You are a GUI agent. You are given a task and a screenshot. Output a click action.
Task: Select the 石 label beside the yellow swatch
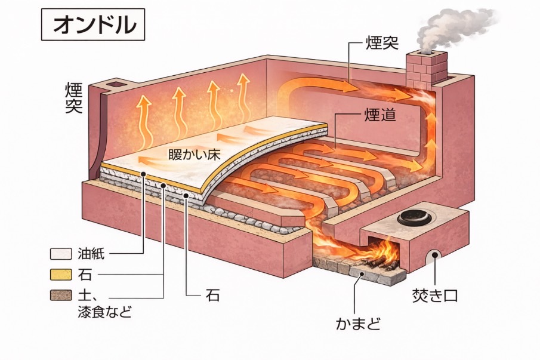pos(85,275)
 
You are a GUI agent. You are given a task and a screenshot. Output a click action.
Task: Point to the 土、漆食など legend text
pos(102,303)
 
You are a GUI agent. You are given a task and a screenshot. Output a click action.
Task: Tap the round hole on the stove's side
pos(431,257)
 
